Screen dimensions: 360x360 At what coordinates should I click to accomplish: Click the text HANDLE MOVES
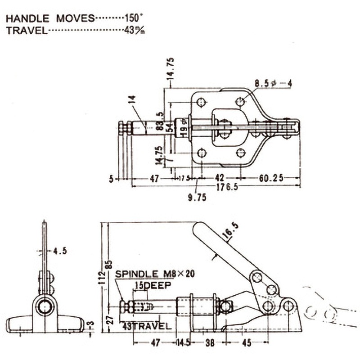point(50,18)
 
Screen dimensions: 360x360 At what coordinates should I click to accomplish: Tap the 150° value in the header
point(133,18)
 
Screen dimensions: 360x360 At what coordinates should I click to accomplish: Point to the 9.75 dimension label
point(197,197)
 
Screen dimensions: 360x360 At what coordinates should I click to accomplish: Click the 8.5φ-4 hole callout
point(273,83)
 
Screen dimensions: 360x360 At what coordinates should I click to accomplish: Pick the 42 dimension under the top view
point(220,178)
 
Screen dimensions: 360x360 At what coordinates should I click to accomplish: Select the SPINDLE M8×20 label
point(155,274)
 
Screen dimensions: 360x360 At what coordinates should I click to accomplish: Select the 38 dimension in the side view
point(210,343)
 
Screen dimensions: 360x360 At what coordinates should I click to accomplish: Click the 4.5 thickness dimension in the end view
point(59,251)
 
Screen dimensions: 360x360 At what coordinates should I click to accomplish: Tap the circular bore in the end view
point(45,307)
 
